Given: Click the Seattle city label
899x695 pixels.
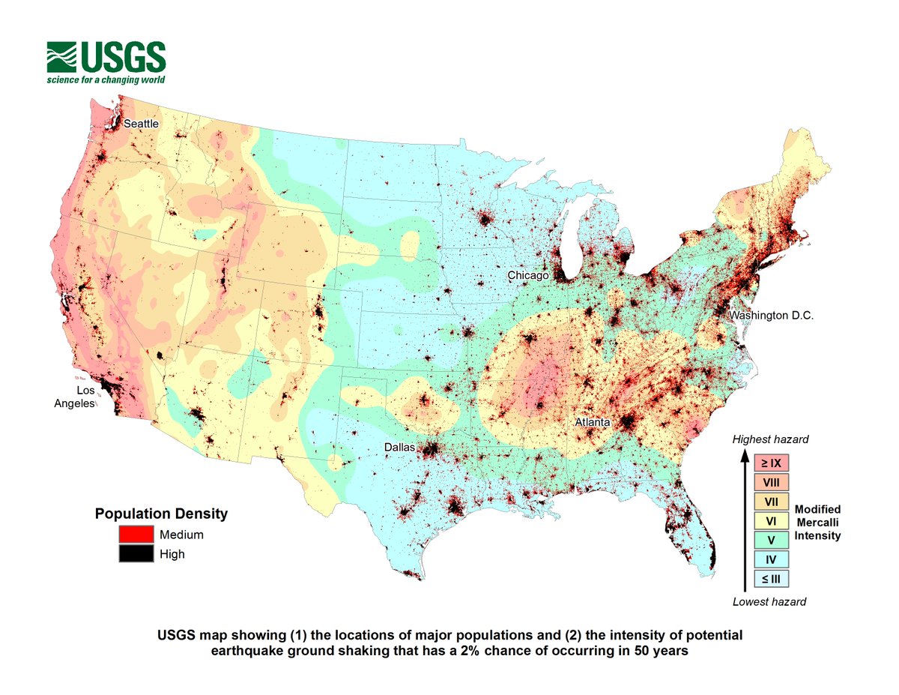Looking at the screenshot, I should click(x=142, y=123).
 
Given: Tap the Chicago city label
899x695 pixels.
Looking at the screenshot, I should click(x=529, y=276).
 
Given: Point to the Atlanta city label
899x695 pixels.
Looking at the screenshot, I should click(x=592, y=423).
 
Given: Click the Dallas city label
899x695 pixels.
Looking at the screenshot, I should click(x=399, y=447).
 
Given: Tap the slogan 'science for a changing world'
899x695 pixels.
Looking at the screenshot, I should click(x=106, y=79).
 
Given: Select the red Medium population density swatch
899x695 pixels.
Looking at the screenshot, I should click(x=135, y=535).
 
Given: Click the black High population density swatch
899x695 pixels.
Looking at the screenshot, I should click(x=135, y=554).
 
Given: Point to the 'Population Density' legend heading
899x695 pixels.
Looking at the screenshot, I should click(x=161, y=514).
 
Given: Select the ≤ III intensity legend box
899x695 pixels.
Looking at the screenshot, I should click(x=772, y=578).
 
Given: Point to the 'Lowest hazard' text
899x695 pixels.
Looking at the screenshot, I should click(x=769, y=601).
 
